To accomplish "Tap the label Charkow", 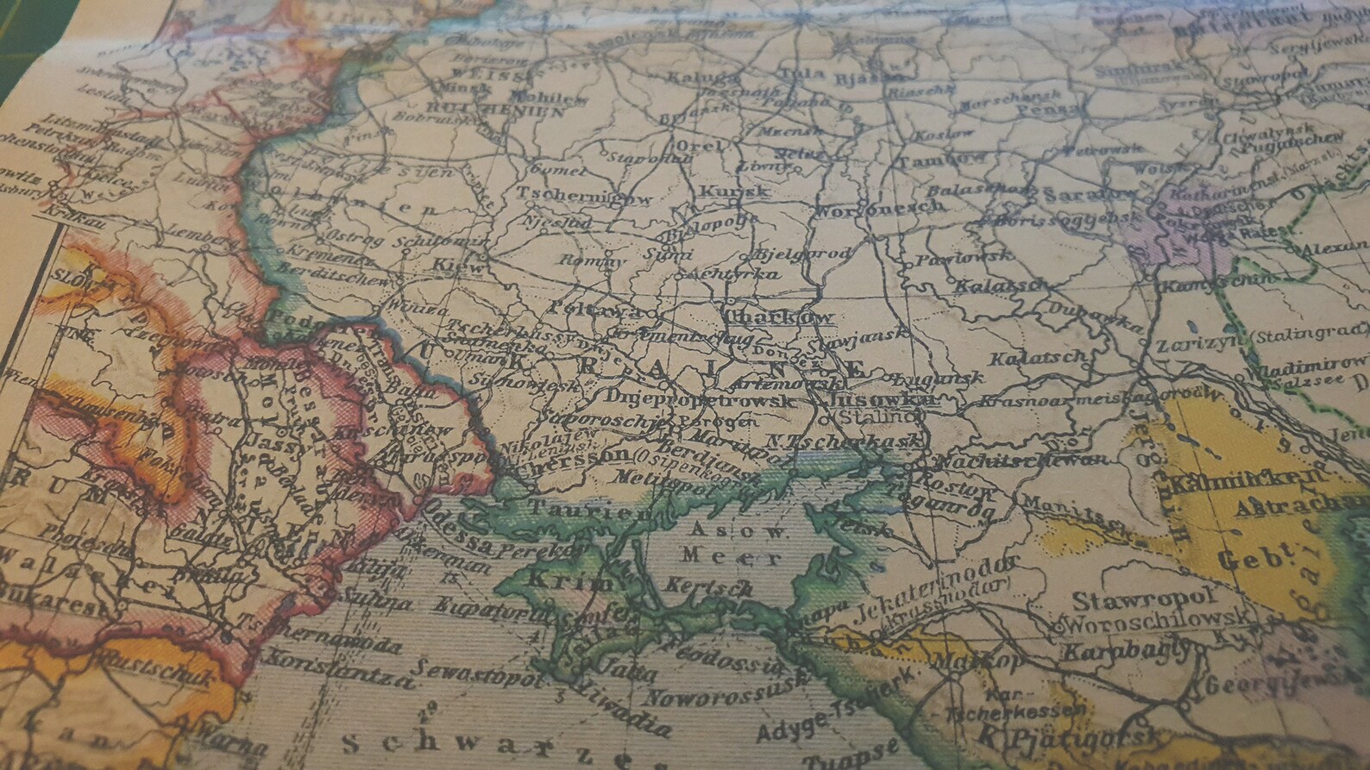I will click(x=780, y=316).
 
